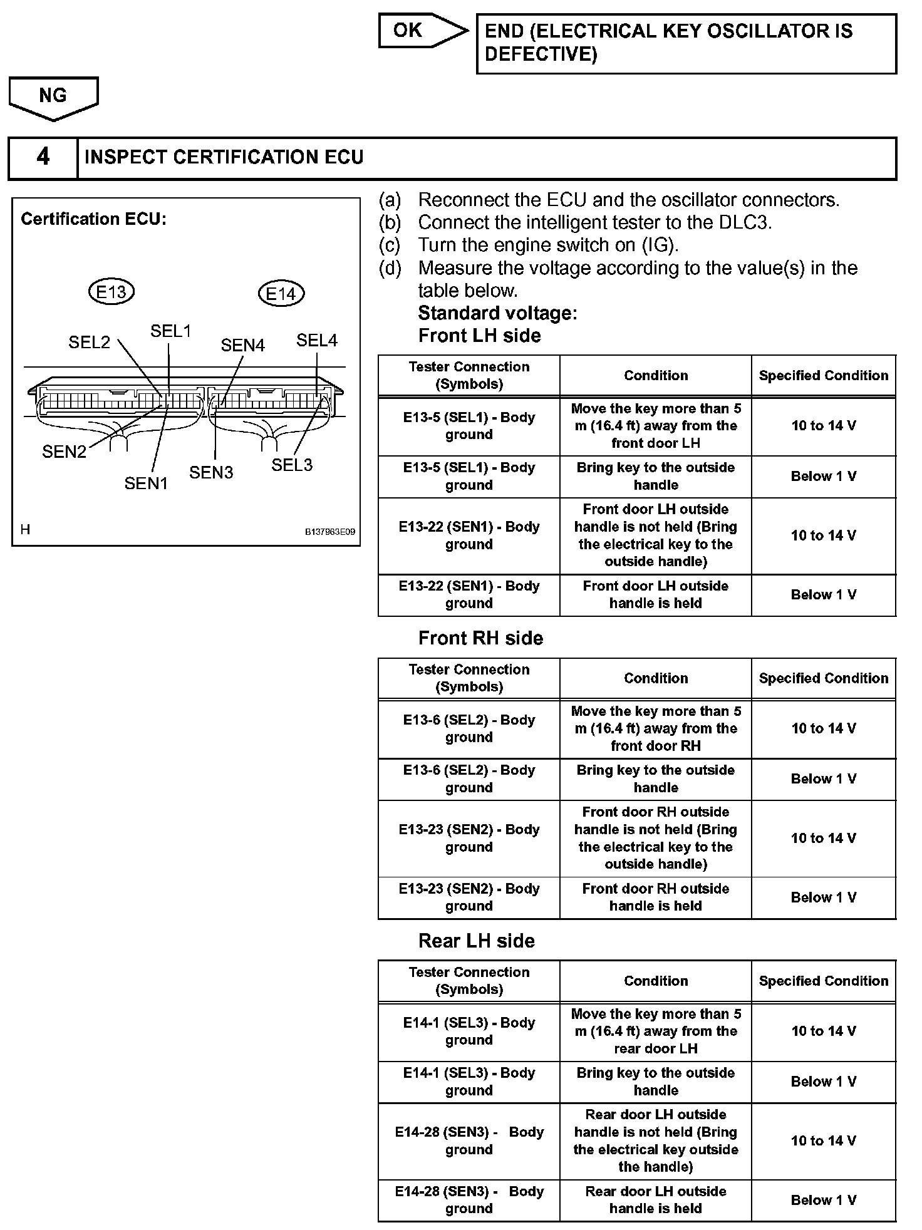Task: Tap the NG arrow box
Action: pos(53,96)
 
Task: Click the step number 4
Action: pos(43,157)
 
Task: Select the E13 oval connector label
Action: pos(111,292)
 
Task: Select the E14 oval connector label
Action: pos(281,294)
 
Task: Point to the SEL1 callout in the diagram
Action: pos(170,331)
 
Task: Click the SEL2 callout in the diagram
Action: pos(89,342)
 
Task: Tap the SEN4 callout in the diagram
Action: pos(242,345)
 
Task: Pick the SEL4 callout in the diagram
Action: pos(316,340)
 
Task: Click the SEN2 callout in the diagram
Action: pos(64,452)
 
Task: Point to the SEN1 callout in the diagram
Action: pos(146,483)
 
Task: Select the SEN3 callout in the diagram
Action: pos(211,472)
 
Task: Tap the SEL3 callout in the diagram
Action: pos(291,465)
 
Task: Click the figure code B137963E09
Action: pos(329,532)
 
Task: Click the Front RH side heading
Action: pos(480,638)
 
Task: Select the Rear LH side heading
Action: pos(476,941)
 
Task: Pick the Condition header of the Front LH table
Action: pos(656,376)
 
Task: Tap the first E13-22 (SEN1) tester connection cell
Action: pos(469,535)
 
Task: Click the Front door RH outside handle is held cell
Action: pos(656,897)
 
